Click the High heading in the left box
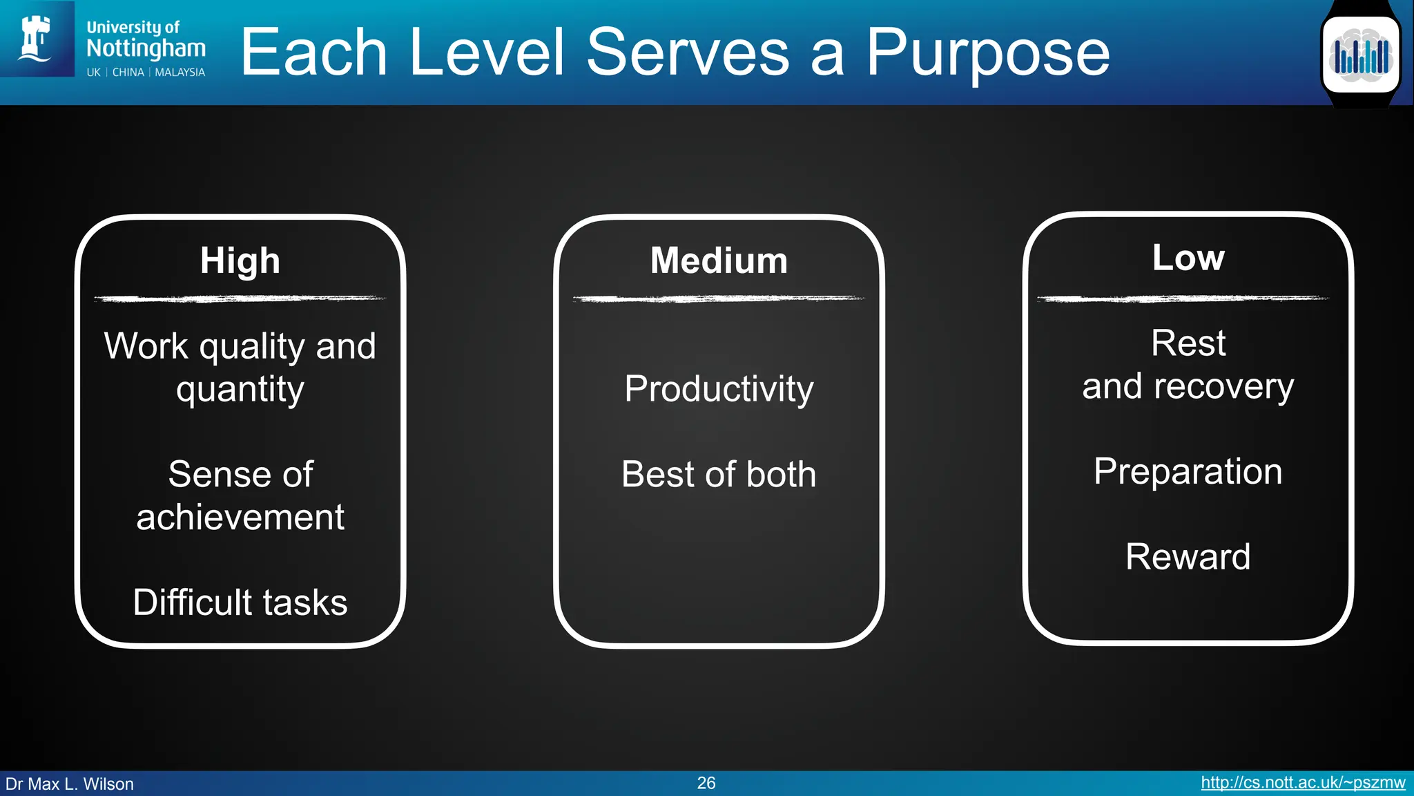(x=240, y=261)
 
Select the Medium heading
(x=719, y=261)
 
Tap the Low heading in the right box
(x=1188, y=258)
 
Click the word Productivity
(x=719, y=389)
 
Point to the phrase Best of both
(x=719, y=475)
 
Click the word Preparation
(x=1188, y=472)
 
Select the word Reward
(x=1188, y=557)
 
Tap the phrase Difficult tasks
(x=240, y=603)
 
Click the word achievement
(x=240, y=518)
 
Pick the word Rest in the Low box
(x=1188, y=343)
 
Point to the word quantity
(x=240, y=390)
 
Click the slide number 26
(x=706, y=783)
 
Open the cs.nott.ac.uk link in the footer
(x=1302, y=783)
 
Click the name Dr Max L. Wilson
(x=70, y=784)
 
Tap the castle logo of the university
(x=36, y=38)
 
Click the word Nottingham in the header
(x=146, y=48)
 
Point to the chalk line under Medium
(x=719, y=299)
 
